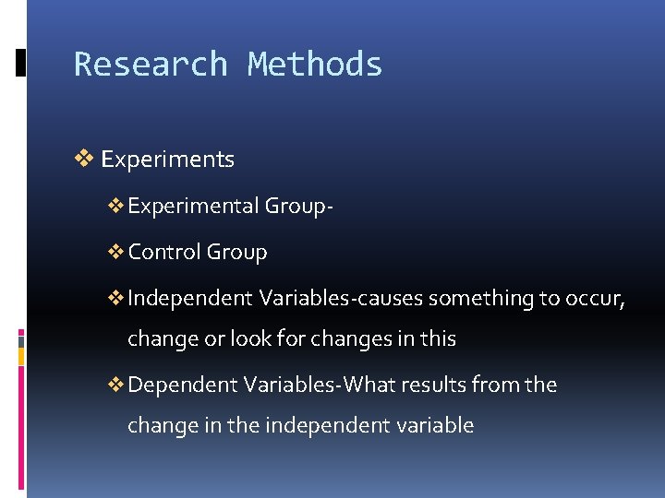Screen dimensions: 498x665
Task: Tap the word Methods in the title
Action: (315, 65)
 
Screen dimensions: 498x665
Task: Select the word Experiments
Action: (167, 160)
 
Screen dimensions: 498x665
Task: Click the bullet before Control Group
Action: (116, 252)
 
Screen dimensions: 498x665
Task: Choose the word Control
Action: (164, 252)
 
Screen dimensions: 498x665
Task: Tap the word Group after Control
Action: (237, 253)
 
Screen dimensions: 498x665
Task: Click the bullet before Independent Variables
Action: (116, 298)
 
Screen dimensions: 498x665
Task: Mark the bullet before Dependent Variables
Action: (116, 385)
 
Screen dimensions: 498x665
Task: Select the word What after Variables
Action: (375, 385)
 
